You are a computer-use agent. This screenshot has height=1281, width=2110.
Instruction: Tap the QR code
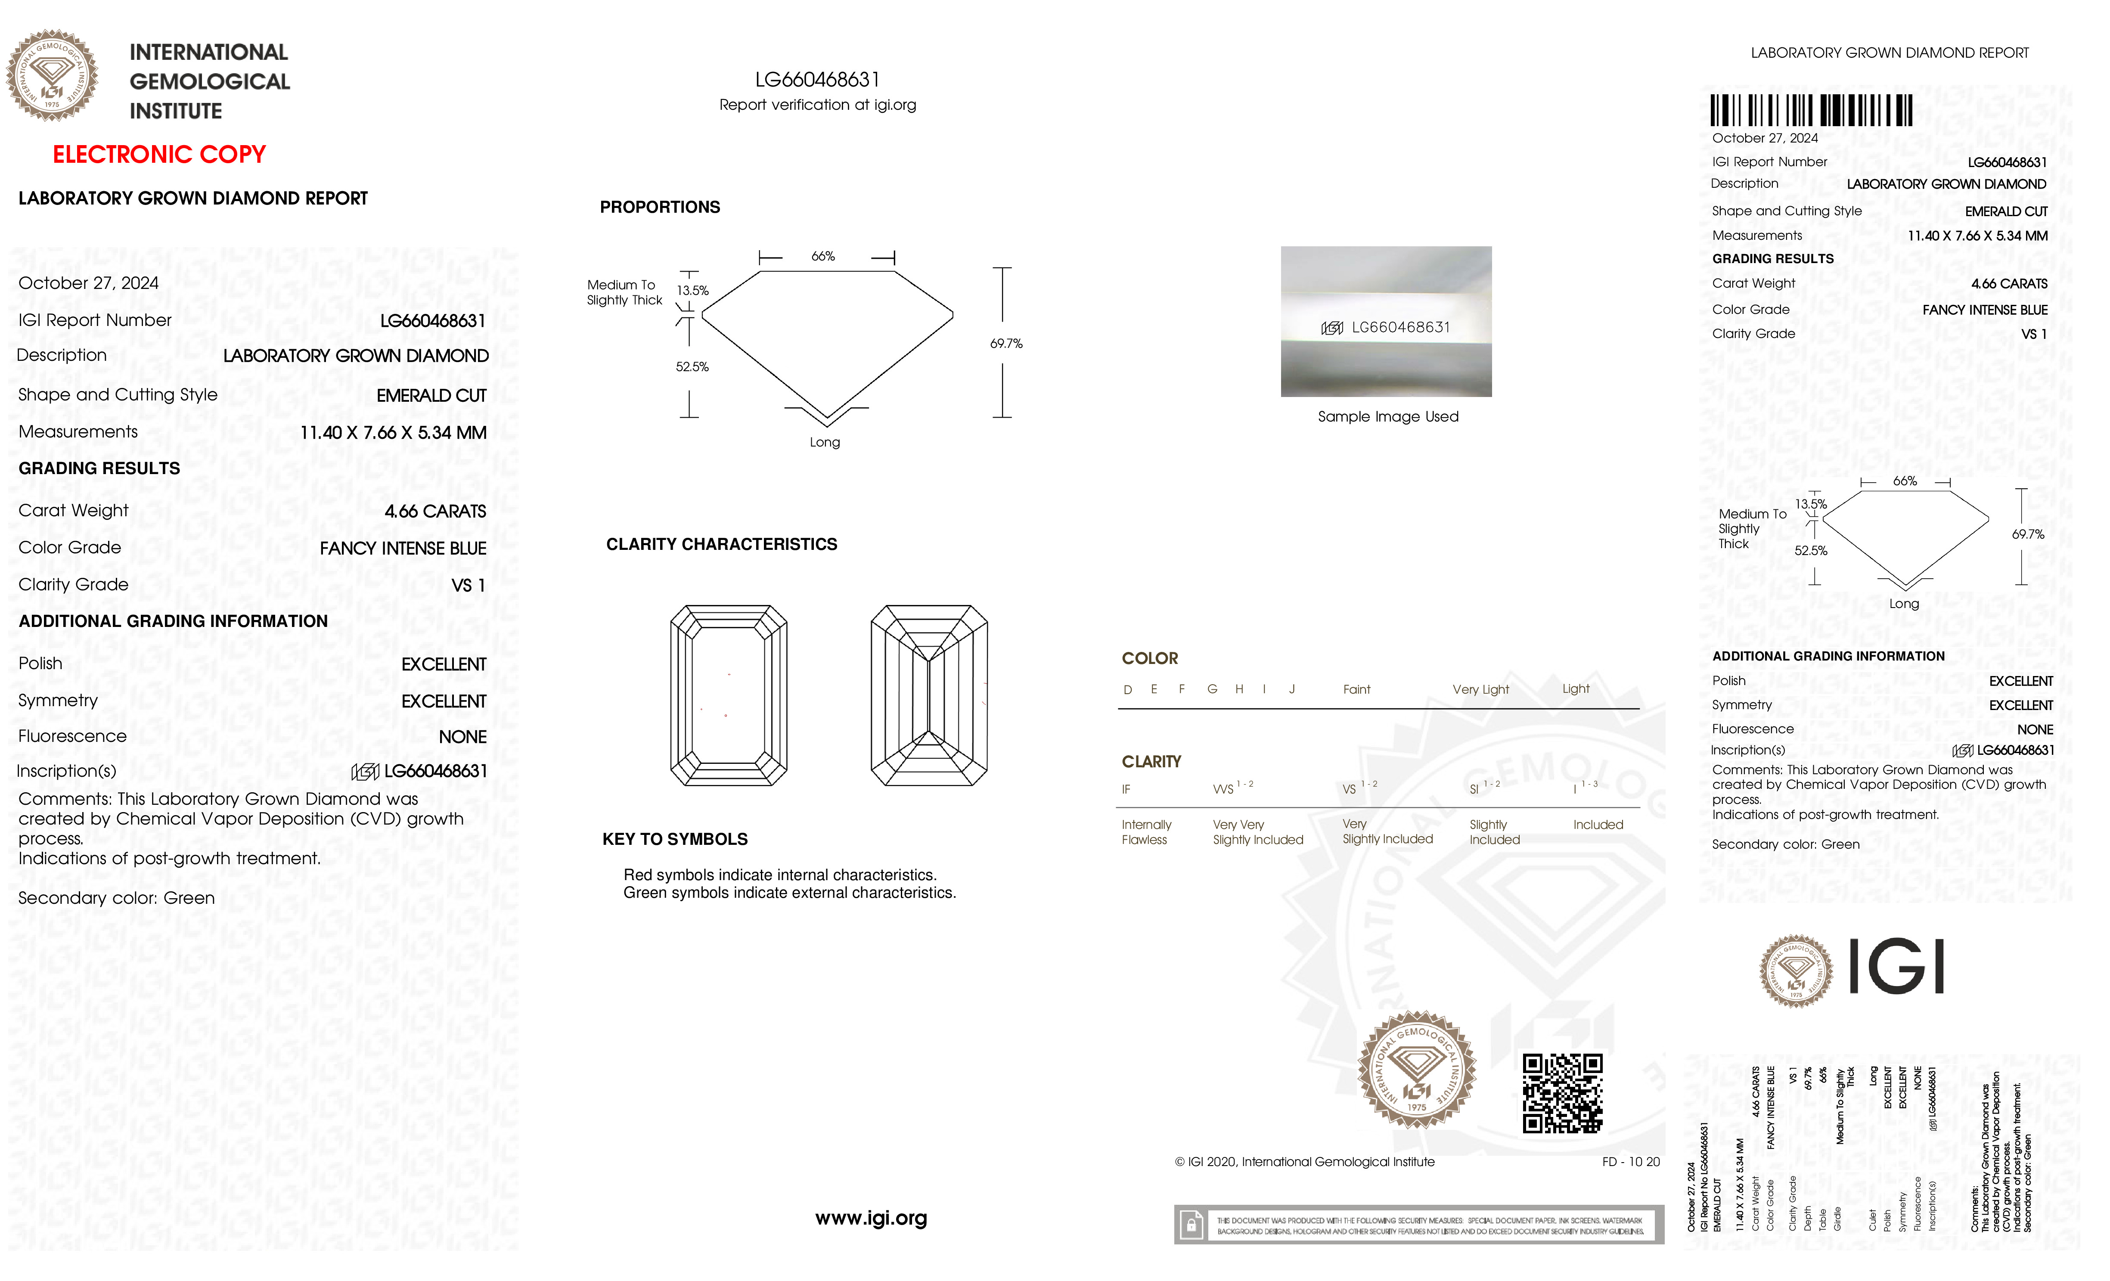click(1562, 1093)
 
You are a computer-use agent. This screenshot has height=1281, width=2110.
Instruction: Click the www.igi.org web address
click(871, 1218)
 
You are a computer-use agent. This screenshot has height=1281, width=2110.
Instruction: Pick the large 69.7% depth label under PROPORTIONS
click(1006, 343)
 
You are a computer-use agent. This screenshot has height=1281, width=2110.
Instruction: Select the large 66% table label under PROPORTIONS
click(823, 256)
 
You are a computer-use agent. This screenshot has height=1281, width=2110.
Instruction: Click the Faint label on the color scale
click(1356, 689)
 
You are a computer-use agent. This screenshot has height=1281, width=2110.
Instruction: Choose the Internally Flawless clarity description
click(1146, 831)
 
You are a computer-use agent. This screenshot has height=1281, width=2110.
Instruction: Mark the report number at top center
click(817, 80)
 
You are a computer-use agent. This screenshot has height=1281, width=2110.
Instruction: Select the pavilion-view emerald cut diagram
click(929, 695)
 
